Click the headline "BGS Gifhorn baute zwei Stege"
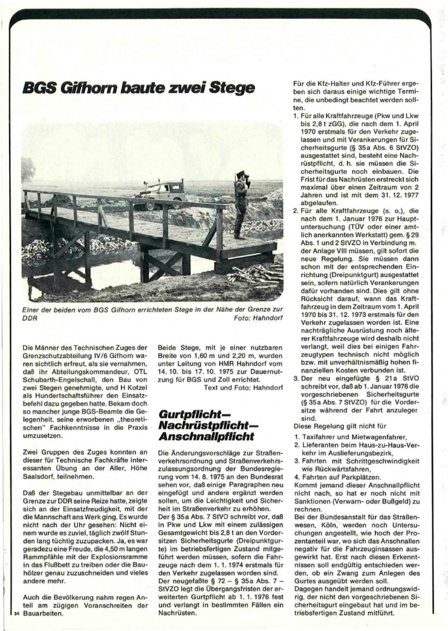coord(138,89)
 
